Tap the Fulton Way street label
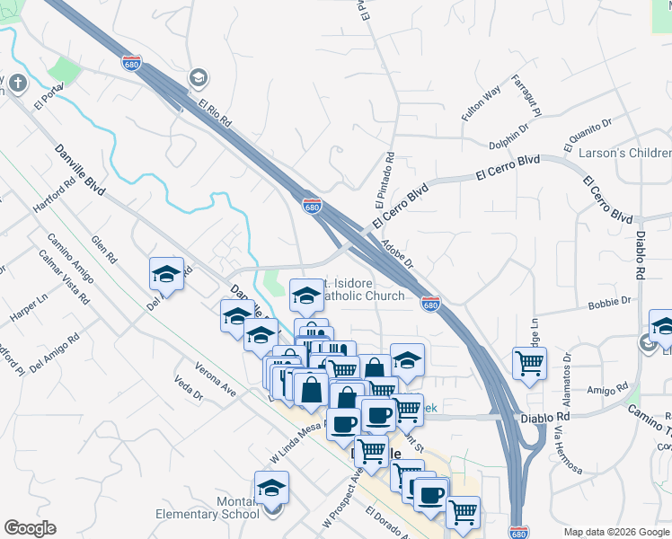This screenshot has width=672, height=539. [x=480, y=104]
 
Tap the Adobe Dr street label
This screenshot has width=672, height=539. [x=396, y=254]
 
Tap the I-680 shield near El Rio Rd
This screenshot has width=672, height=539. [x=131, y=63]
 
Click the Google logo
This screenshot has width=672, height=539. [x=30, y=528]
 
